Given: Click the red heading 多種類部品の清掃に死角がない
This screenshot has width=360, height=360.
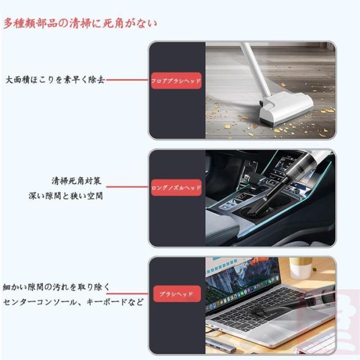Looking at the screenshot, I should pyautogui.click(x=80, y=24).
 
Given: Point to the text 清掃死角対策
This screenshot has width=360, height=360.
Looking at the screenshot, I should pyautogui.click(x=76, y=182).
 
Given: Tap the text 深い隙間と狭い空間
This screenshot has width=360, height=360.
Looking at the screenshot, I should pyautogui.click(x=66, y=197).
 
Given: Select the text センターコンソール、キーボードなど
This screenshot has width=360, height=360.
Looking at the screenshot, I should pyautogui.click(x=73, y=302).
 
